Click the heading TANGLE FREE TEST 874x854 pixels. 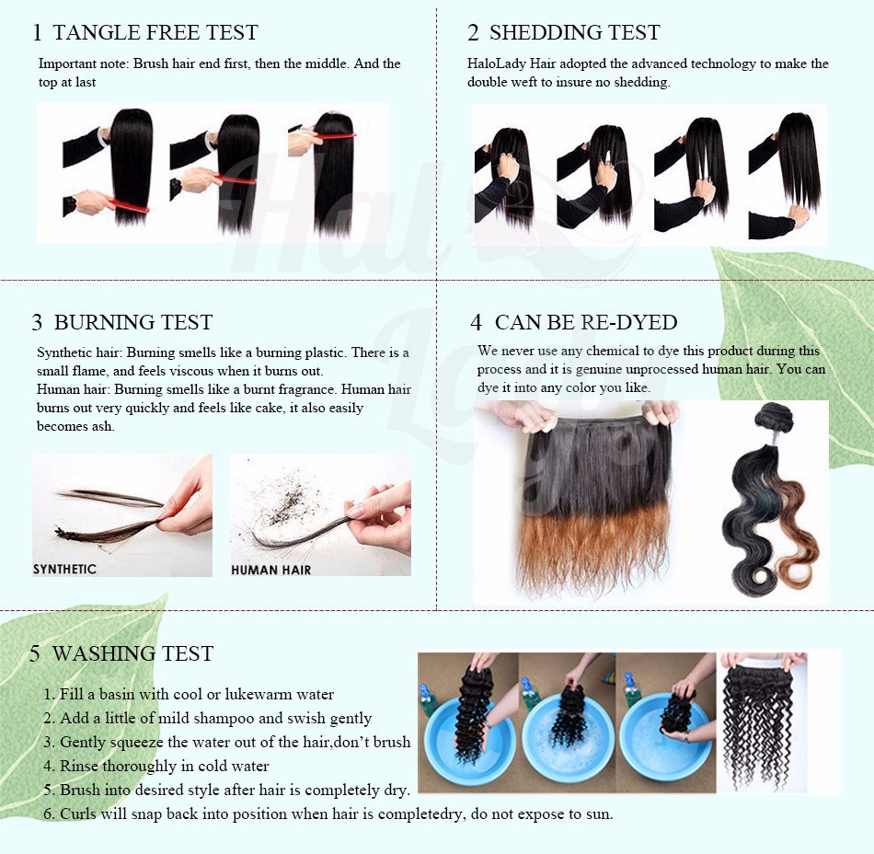pyautogui.click(x=155, y=32)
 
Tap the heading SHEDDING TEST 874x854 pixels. pyautogui.click(x=575, y=32)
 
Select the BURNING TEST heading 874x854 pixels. pyautogui.click(x=133, y=322)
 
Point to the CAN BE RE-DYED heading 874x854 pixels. pyautogui.click(x=586, y=322)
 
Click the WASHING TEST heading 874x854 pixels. pyautogui.click(x=132, y=653)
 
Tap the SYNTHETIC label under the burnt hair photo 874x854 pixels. pyautogui.click(x=64, y=569)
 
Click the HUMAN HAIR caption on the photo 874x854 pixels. pyautogui.click(x=270, y=570)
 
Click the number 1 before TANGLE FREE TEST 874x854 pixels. pyautogui.click(x=37, y=33)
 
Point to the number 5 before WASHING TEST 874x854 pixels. pyautogui.click(x=35, y=654)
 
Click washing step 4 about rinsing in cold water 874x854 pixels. pyautogui.click(x=156, y=766)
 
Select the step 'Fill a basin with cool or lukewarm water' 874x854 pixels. pyautogui.click(x=189, y=694)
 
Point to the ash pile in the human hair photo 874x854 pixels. pyautogui.click(x=285, y=495)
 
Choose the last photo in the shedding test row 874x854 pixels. pyautogui.click(x=787, y=176)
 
